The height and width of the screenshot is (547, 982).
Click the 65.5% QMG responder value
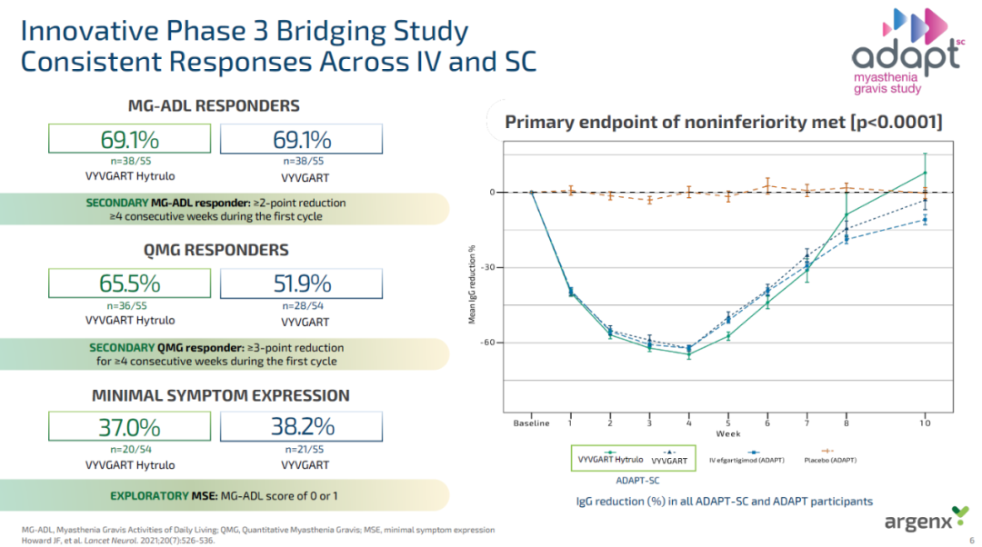point(130,283)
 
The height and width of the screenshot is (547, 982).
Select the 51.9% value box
point(301,283)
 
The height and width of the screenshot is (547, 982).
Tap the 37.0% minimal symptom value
point(130,427)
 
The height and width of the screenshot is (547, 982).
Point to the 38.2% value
point(303,427)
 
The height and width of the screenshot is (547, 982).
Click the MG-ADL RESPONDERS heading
point(214,105)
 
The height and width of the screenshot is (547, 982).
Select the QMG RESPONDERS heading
point(216,251)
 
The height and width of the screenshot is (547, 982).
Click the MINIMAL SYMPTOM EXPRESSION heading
point(220,395)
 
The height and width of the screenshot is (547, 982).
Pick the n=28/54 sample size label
point(303,306)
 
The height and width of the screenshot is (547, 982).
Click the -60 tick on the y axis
point(488,343)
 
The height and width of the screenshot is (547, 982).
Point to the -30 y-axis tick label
point(488,267)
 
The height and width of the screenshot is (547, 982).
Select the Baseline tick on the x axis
point(531,423)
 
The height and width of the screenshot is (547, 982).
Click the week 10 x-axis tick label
point(925,423)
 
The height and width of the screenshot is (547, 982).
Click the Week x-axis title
point(728,433)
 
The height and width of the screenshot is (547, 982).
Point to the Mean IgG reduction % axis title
point(472,284)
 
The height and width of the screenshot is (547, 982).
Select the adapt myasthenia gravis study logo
point(908,51)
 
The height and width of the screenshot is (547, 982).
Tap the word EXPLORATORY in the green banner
point(149,496)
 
